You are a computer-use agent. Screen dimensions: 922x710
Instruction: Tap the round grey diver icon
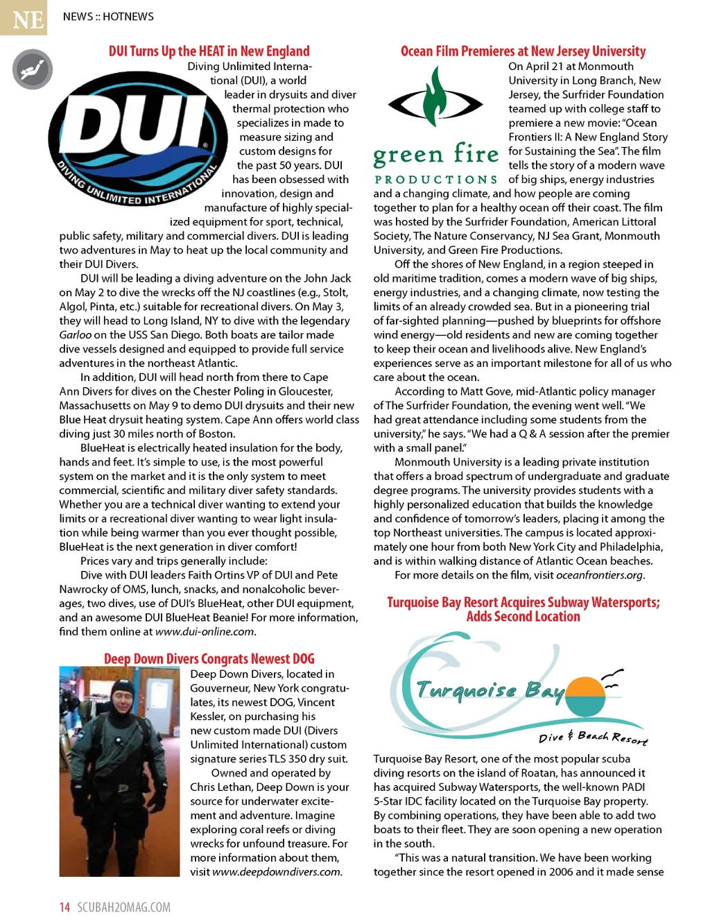click(x=33, y=69)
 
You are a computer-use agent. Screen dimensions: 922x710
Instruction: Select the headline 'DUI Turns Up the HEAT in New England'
click(x=209, y=51)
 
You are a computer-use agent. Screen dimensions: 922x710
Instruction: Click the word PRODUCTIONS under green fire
click(x=435, y=180)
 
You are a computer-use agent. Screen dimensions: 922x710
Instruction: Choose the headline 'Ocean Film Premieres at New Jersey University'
click(x=523, y=51)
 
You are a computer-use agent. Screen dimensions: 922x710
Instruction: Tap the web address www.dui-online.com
click(x=205, y=632)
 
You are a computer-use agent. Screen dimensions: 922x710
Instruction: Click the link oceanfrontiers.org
click(x=599, y=575)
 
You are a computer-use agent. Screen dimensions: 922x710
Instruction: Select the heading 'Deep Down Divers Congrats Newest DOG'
click(x=209, y=659)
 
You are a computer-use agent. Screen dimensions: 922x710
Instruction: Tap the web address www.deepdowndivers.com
click(x=277, y=872)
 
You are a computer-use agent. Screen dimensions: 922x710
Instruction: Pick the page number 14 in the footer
click(x=64, y=907)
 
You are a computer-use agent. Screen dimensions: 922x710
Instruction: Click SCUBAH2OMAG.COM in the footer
click(x=123, y=907)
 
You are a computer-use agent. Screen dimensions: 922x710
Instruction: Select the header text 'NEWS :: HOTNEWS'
click(x=108, y=17)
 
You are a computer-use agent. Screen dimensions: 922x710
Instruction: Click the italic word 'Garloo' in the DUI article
click(x=75, y=335)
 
